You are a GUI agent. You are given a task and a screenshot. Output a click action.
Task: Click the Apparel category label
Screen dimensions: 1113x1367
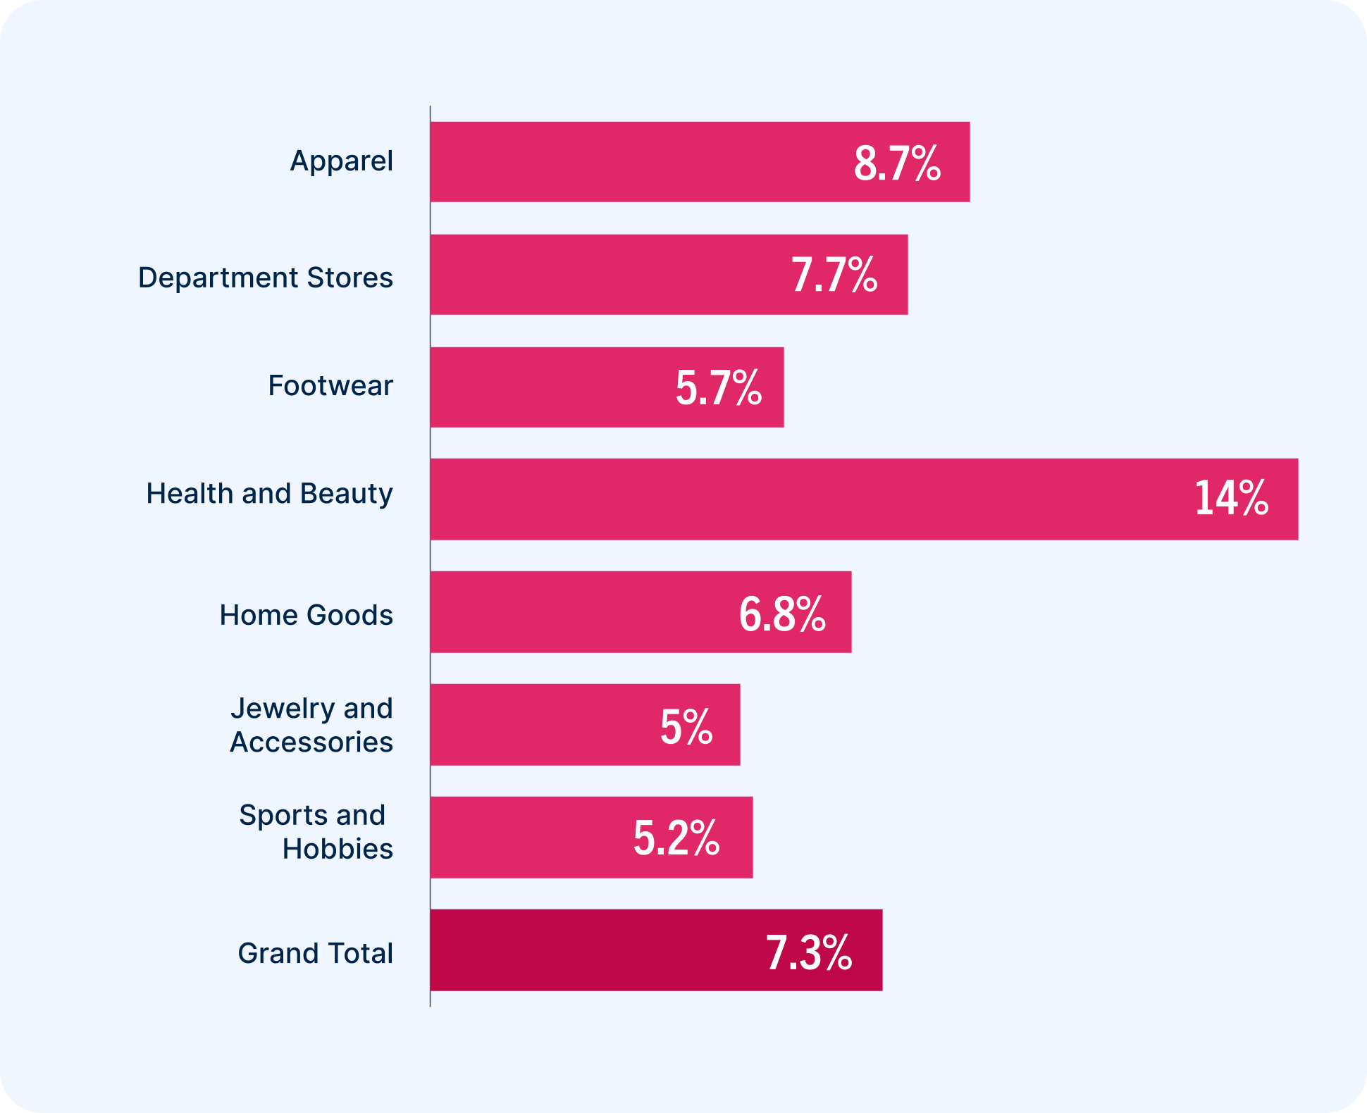(342, 161)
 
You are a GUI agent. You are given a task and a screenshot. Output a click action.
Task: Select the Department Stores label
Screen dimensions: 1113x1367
(266, 278)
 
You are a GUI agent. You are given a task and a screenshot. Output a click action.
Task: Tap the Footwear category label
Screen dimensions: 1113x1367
(330, 386)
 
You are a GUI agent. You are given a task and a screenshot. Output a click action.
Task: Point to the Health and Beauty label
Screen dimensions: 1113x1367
(269, 494)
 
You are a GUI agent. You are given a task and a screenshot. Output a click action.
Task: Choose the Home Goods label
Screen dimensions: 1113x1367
(307, 615)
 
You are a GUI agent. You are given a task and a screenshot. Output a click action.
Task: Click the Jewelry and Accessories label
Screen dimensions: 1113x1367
(311, 725)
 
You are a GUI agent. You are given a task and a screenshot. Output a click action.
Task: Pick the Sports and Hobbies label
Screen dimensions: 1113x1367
(316, 832)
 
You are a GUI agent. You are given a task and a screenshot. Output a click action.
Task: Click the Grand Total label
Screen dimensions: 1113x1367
(316, 953)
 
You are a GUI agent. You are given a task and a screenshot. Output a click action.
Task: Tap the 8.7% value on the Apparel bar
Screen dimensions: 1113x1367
(897, 163)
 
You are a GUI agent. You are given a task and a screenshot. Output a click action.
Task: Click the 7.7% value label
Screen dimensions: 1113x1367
(834, 275)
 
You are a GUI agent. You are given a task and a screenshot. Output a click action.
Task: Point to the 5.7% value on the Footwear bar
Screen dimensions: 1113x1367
(718, 387)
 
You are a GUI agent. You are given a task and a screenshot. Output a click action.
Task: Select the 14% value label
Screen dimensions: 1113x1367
(1231, 499)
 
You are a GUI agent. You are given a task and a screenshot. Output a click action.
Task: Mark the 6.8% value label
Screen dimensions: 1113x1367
(782, 613)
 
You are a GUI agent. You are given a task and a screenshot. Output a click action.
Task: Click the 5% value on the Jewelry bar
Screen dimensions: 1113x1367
(686, 726)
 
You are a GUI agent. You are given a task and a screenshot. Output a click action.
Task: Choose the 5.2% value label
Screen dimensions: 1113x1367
(676, 838)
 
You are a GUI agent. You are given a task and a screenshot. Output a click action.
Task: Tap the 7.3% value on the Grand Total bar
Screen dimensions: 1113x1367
(809, 952)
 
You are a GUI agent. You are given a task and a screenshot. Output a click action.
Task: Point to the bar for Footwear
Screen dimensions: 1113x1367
(550, 387)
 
